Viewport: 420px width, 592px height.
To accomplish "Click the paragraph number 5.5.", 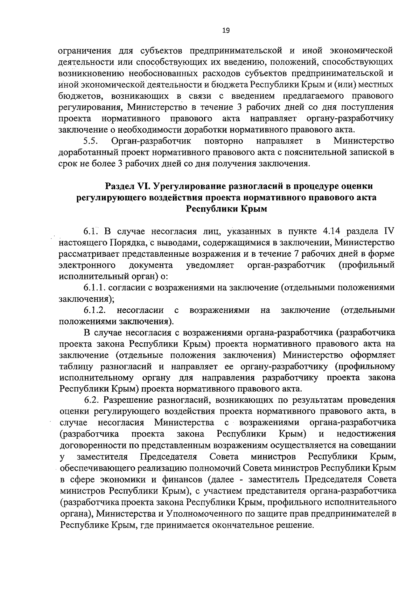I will [x=90, y=141].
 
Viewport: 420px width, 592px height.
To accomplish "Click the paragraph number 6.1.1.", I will [x=94, y=288].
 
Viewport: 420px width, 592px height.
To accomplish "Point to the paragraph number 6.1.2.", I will [x=94, y=310].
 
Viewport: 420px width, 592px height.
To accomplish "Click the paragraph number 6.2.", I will [x=92, y=400].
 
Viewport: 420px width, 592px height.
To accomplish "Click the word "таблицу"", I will [x=77, y=367].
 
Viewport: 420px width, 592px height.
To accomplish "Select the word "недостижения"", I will [x=366, y=434].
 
